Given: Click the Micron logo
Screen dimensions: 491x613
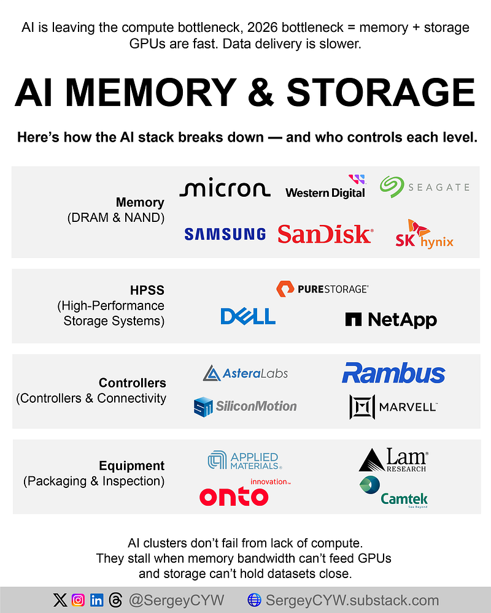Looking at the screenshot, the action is (225, 189).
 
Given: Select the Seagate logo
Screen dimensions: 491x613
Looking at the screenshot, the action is (424, 187).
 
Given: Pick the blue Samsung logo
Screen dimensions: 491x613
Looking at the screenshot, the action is (225, 234).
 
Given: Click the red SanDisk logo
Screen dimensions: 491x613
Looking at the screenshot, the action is (325, 234).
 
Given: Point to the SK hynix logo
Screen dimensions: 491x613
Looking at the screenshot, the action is (424, 235).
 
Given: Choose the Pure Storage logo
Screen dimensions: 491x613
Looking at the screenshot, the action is (322, 289).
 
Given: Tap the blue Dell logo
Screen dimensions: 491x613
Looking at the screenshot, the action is (248, 316).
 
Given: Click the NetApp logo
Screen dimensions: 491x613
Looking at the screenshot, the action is (391, 319).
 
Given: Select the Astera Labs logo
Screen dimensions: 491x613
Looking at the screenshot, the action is (245, 373).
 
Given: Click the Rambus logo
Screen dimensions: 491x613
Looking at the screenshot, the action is (393, 373).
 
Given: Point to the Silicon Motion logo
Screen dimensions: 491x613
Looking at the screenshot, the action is (245, 406).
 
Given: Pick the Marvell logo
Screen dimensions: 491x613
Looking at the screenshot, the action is (393, 406).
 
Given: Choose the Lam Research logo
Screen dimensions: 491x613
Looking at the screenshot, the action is (393, 460).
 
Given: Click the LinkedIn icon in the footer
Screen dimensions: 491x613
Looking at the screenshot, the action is (97, 600).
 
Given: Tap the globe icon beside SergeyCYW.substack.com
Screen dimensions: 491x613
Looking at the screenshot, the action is (254, 600).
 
